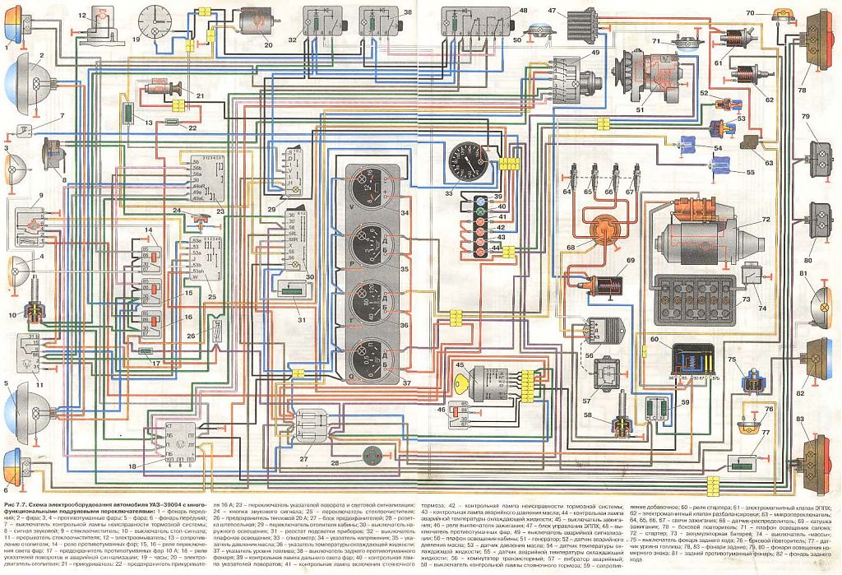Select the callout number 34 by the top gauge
404,212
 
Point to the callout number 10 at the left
12,315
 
